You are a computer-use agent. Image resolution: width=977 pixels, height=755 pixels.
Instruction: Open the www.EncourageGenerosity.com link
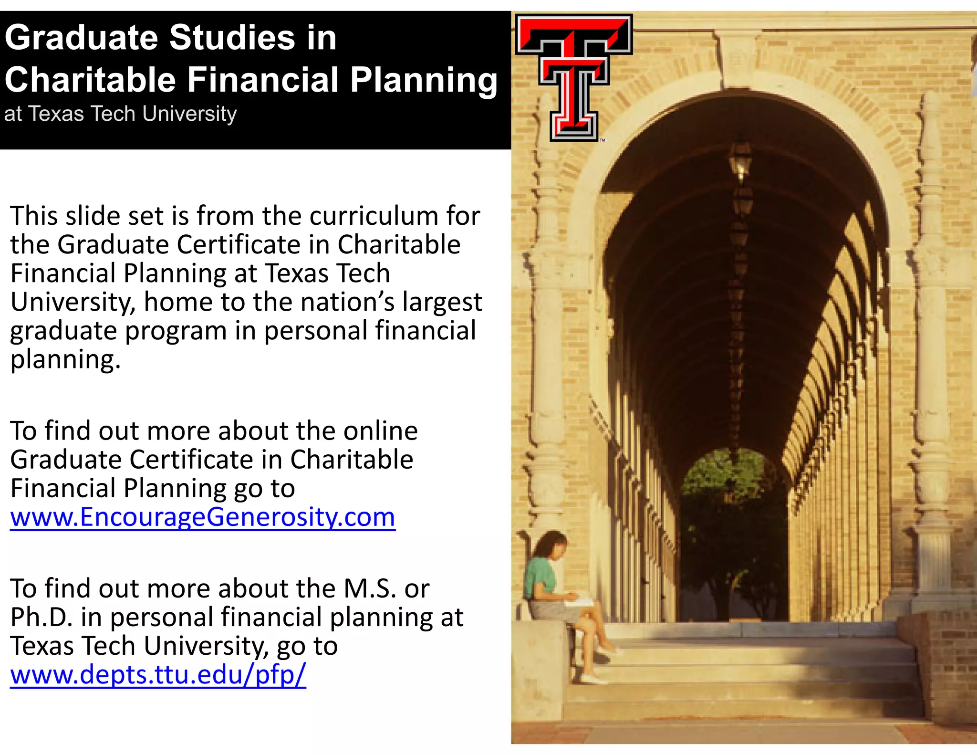pos(203,517)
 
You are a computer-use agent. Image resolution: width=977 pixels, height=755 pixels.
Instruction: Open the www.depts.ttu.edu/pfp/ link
pos(158,674)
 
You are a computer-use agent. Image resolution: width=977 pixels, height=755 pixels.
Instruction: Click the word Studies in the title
pos(232,38)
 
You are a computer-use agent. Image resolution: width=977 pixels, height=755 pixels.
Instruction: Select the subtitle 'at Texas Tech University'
pos(120,114)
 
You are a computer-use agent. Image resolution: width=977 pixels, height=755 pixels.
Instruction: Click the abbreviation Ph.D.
pos(42,617)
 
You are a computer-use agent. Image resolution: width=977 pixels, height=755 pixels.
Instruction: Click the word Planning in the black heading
pos(424,80)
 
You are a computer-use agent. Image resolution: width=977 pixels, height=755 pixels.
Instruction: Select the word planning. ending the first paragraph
pos(65,360)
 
